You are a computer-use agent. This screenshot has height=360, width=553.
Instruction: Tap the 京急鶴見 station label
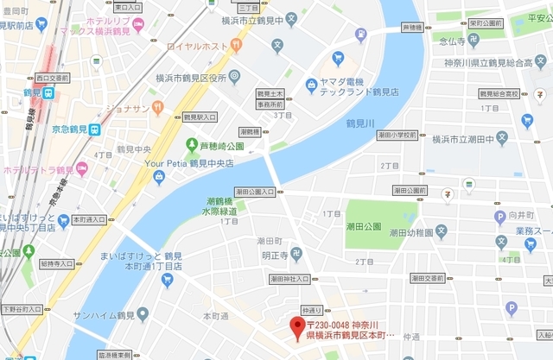(x=67, y=129)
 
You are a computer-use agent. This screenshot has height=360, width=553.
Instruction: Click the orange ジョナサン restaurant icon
(x=157, y=108)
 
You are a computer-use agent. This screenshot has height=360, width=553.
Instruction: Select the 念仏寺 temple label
(x=455, y=39)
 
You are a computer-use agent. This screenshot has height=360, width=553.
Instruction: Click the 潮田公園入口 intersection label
(x=254, y=192)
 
